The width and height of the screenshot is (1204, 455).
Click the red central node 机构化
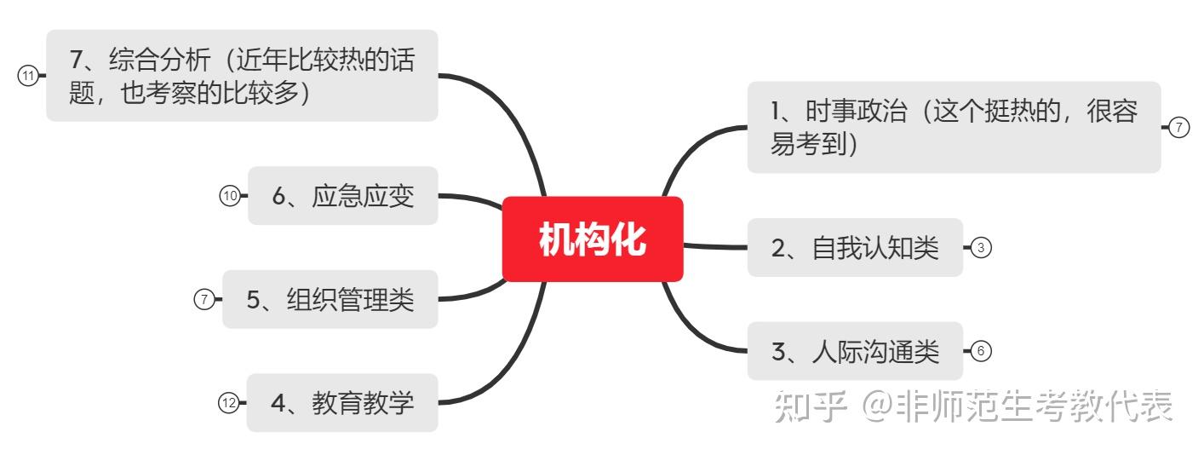(593, 239)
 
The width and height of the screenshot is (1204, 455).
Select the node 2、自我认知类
(855, 248)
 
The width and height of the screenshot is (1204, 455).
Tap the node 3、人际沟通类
(855, 351)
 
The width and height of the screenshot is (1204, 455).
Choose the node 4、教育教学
(342, 403)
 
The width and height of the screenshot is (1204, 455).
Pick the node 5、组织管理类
(330, 299)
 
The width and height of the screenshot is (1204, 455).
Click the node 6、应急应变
(343, 196)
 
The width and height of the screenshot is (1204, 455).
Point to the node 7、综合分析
(242, 76)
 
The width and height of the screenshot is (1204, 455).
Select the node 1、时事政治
(954, 128)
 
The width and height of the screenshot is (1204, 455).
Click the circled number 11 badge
(28, 76)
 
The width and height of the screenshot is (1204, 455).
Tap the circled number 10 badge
(230, 196)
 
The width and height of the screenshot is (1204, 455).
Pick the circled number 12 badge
(228, 403)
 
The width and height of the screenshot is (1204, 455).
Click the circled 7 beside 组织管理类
(204, 299)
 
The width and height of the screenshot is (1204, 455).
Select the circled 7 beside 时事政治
(1178, 128)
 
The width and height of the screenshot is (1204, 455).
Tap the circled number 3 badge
(981, 248)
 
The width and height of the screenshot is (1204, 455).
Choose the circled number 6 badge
(981, 351)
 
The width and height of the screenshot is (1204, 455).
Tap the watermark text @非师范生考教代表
(1018, 406)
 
